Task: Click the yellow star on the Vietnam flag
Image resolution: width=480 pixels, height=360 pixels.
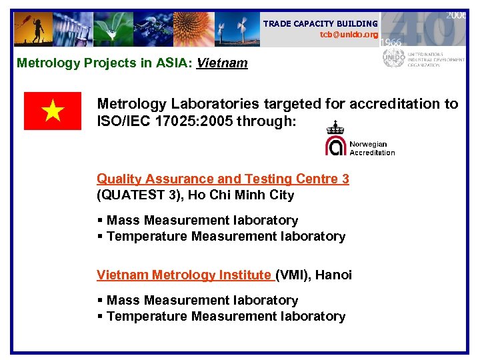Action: coord(53,111)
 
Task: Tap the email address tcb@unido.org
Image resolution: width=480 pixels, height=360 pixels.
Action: coord(349,34)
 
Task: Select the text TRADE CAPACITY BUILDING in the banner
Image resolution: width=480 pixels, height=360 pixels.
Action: coord(320,23)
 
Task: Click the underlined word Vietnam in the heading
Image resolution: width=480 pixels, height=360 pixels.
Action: coord(222,63)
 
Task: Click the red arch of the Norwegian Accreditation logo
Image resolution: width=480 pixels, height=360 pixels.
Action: coord(335,145)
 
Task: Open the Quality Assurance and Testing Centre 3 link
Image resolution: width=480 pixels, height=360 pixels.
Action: coord(223,179)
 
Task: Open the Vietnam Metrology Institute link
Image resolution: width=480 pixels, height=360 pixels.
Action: coord(185,275)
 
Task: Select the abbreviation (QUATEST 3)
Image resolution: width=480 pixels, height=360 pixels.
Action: coord(138,195)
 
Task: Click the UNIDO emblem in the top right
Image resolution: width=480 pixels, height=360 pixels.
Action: coord(393,59)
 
